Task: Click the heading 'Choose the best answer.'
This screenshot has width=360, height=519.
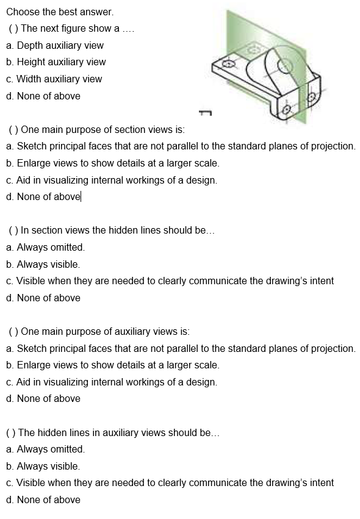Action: coord(51,12)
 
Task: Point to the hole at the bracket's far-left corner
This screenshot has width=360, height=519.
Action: coord(229,63)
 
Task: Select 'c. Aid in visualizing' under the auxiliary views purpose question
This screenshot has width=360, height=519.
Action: coord(111,382)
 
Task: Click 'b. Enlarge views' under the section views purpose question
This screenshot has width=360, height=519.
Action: coord(112,163)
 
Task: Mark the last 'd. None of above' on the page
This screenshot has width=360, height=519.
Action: coord(43,499)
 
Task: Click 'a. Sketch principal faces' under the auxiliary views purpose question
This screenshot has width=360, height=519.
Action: coord(180,348)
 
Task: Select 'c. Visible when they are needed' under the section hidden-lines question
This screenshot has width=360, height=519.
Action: coord(170,281)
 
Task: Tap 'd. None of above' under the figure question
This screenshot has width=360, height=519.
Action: coord(43,96)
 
